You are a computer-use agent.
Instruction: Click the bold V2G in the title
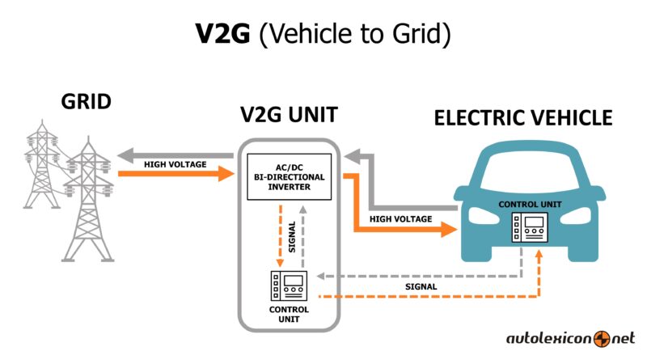pos(222,33)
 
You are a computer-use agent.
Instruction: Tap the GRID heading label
pos(87,102)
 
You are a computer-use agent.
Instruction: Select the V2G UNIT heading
pos(289,115)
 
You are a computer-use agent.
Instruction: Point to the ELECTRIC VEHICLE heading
pos(522,118)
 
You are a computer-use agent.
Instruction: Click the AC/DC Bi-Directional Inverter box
pos(289,176)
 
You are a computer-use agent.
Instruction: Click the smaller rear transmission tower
pos(42,164)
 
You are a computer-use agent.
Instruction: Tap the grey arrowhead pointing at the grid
pos(125,155)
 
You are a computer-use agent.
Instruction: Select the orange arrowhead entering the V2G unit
pos(226,174)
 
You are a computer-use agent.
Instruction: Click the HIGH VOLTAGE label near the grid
pos(175,164)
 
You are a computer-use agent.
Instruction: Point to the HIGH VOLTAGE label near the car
pos(400,218)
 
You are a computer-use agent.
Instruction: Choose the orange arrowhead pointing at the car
pos(450,229)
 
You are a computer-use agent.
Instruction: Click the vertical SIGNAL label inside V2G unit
pos(292,237)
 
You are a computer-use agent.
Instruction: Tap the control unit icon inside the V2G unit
pos(289,286)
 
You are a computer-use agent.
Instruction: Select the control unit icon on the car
pos(530,227)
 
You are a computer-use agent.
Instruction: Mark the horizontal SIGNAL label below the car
pos(421,286)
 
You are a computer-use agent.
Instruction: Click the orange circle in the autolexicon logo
pos(602,339)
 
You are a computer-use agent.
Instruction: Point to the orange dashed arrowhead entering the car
pos(539,254)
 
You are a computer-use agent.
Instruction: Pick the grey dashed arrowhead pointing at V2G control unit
pos(321,276)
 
